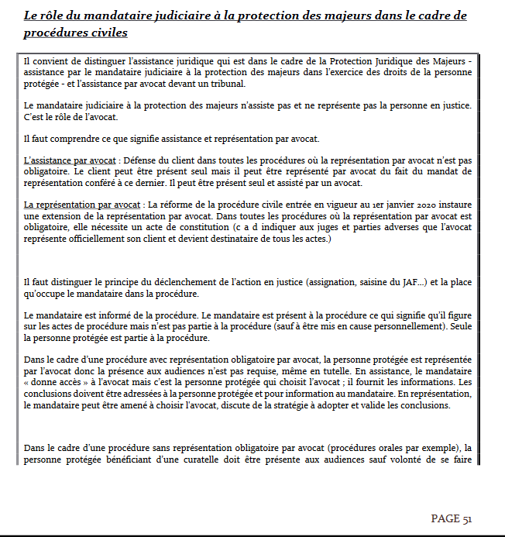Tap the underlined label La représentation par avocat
pyautogui.click(x=77, y=205)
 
